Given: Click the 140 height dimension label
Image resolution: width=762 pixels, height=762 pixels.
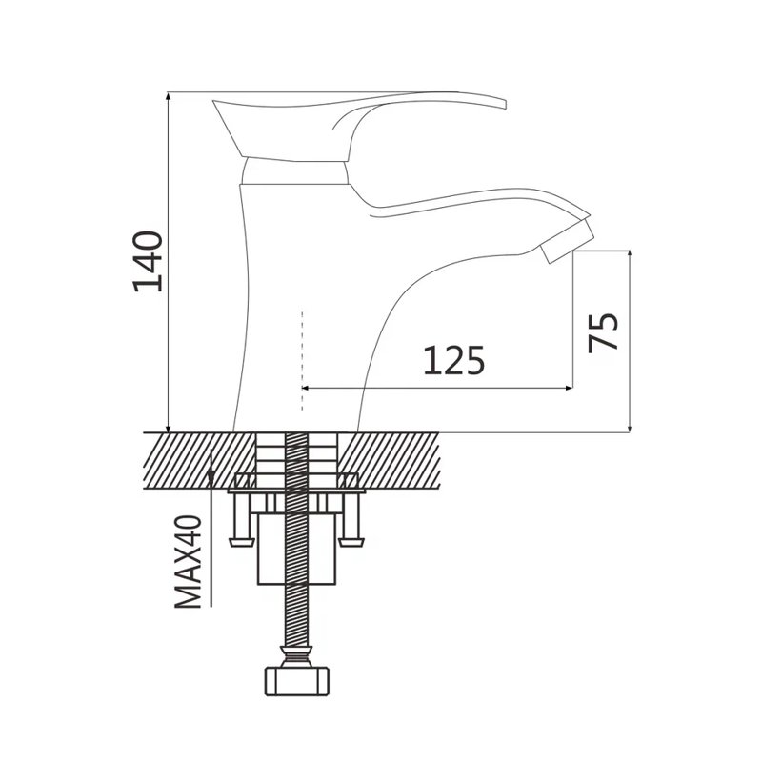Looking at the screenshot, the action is point(148,261).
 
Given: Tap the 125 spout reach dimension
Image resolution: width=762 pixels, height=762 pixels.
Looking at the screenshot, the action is point(454,361).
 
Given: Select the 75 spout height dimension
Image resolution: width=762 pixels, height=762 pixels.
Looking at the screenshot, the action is point(603,332).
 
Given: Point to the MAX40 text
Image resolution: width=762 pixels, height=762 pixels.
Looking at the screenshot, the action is point(188,561).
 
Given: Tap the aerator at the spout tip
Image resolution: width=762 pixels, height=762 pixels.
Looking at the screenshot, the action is point(568,242).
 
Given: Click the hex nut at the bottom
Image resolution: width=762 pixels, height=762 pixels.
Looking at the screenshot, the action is point(296,681).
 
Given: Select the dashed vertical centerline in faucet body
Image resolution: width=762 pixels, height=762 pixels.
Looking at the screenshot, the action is point(302,361).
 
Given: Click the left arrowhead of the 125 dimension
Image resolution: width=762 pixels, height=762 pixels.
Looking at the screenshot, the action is point(306,388).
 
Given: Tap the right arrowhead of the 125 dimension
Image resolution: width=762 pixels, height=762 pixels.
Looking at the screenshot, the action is point(569,388).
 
